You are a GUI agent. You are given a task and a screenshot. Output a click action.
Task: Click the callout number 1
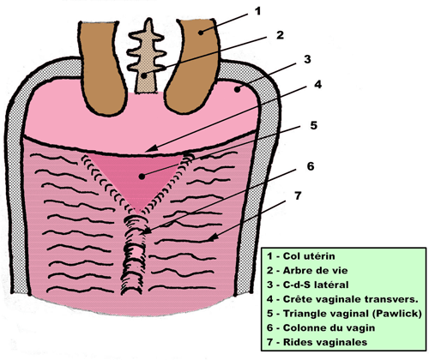pyautogui.click(x=257, y=11)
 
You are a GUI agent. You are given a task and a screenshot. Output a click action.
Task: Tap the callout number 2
pyautogui.click(x=280, y=35)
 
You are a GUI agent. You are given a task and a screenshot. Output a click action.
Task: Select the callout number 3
pyautogui.click(x=307, y=59)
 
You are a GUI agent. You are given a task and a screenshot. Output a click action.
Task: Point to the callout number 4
pyautogui.click(x=317, y=85)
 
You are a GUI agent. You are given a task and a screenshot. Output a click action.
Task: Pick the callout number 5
pyautogui.click(x=314, y=125)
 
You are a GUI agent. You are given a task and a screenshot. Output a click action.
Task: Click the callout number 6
pyautogui.click(x=311, y=166)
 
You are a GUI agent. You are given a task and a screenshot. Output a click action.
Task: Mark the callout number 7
pyautogui.click(x=298, y=195)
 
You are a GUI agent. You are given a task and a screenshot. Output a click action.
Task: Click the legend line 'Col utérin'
pyautogui.click(x=301, y=255)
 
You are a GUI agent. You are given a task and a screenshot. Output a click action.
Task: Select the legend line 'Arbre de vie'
pyautogui.click(x=307, y=270)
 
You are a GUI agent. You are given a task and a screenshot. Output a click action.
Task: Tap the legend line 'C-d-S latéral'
pyautogui.click(x=308, y=285)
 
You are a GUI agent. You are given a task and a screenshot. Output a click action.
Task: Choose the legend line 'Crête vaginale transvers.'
pyautogui.click(x=342, y=299)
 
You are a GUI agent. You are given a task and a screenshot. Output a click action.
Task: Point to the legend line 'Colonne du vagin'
pyautogui.click(x=321, y=327)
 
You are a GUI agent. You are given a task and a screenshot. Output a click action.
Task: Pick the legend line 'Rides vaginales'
pyautogui.click(x=317, y=342)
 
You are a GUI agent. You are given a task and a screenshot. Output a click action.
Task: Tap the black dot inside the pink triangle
pyautogui.click(x=142, y=177)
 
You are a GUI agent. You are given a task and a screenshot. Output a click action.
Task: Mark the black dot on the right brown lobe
pyautogui.click(x=201, y=33)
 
